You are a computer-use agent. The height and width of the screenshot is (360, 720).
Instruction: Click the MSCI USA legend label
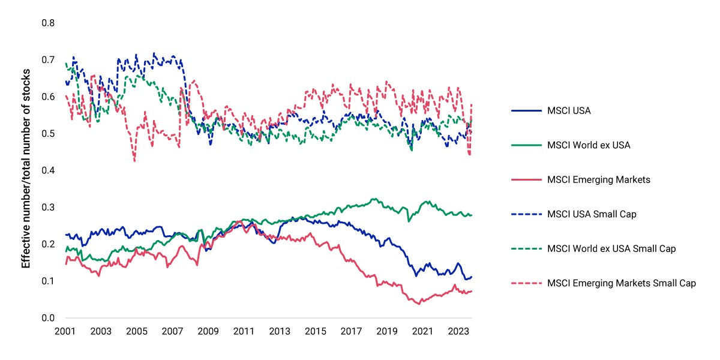569,110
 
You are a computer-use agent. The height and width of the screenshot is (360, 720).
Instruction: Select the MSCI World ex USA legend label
589,145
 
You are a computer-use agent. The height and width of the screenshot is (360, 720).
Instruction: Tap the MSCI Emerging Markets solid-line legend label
599,179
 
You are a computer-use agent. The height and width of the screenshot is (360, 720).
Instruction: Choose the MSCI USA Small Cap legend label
592,214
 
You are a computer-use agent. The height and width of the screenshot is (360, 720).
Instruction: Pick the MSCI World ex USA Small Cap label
611,248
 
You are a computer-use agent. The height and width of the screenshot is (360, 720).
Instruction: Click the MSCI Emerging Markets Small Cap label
622,283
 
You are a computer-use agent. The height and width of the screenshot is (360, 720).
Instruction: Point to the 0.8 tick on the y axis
48,23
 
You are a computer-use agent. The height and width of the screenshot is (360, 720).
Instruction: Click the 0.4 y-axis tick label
48,170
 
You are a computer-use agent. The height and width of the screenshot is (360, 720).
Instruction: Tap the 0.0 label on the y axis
48,318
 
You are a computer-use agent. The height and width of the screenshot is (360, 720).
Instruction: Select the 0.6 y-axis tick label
48,97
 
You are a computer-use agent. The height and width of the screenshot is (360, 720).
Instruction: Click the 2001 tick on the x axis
65,331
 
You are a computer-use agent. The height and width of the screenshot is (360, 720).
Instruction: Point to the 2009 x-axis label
208,331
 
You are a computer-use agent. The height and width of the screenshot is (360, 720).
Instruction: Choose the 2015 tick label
316,331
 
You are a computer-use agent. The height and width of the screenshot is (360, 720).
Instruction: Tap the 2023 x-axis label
458,331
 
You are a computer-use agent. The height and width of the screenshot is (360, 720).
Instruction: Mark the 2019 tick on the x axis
386,331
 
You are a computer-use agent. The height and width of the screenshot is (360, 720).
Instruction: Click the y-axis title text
26,169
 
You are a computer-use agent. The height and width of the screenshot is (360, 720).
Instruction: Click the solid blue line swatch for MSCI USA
527,110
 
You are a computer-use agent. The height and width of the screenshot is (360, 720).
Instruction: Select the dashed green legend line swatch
527,248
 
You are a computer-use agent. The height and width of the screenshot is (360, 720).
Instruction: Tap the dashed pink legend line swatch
527,283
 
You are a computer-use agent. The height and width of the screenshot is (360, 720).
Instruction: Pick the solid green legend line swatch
527,145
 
